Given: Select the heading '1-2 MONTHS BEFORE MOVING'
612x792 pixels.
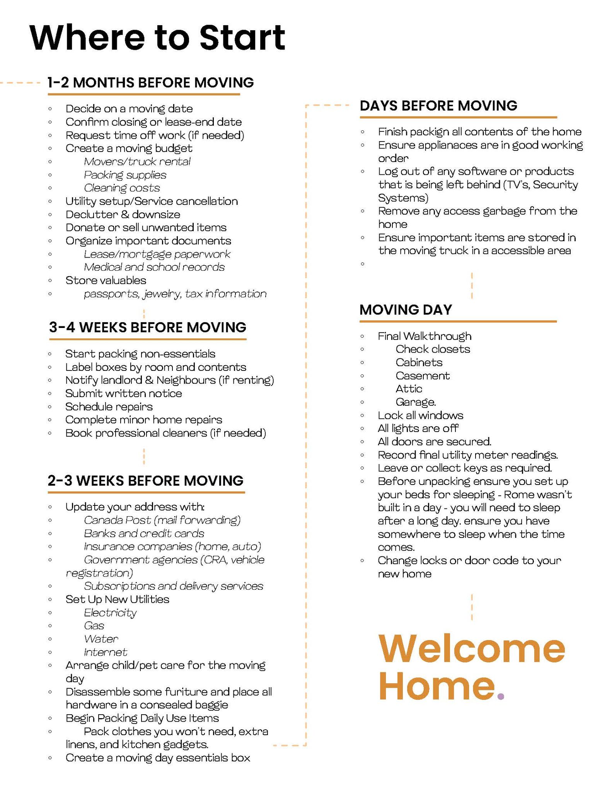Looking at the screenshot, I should (x=150, y=82).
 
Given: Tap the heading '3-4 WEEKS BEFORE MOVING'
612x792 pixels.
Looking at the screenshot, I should (x=147, y=327).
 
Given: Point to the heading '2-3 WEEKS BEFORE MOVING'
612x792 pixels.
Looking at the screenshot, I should (x=145, y=480).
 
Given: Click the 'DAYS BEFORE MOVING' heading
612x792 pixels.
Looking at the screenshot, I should (x=438, y=106).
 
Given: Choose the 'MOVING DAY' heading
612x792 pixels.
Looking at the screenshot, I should (x=406, y=309).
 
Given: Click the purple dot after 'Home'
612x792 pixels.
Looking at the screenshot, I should (x=501, y=696).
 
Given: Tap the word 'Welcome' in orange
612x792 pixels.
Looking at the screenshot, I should (x=471, y=649).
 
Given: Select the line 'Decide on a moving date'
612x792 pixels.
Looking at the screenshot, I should (x=129, y=109).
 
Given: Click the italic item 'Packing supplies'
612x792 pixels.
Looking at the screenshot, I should (x=125, y=175).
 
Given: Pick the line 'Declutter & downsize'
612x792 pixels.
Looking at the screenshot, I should (x=123, y=214).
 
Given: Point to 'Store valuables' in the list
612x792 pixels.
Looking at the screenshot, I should (x=106, y=280).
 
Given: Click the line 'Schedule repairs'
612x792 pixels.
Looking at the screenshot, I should (x=109, y=407).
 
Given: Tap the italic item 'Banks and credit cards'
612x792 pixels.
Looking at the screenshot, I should (x=144, y=534).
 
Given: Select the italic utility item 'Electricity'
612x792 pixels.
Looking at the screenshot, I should (x=110, y=613).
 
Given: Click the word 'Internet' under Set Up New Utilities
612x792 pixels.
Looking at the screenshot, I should (x=105, y=652).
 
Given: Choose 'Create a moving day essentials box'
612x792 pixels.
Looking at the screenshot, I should (x=158, y=758).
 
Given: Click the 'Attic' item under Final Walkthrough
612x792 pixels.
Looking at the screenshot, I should (x=409, y=389).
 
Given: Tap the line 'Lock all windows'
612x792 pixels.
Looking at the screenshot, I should (x=420, y=415).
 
